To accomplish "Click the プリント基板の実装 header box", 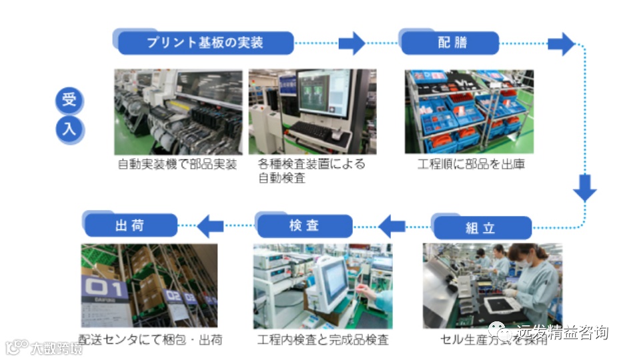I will pyautogui.click(x=205, y=43).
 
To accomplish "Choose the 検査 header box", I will pyautogui.click(x=304, y=226).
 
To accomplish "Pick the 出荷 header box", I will pyautogui.click(x=129, y=225).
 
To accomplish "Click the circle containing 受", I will pyautogui.click(x=69, y=102).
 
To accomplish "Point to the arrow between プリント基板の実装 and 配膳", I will pyautogui.click(x=351, y=43).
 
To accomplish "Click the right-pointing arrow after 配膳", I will pyautogui.click(x=560, y=44).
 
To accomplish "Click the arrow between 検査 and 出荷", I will pyautogui.click(x=211, y=225).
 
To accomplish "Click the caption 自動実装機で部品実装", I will pyautogui.click(x=177, y=164).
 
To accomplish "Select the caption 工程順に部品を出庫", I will pyautogui.click(x=471, y=164).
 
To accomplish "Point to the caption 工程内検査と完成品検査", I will pyautogui.click(x=323, y=340).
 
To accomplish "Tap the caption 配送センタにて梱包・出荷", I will pyautogui.click(x=150, y=340).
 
